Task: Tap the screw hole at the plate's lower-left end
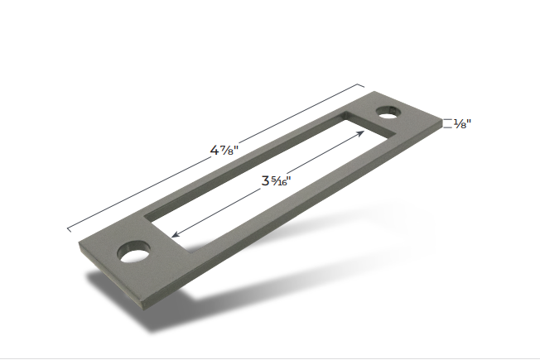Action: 131,251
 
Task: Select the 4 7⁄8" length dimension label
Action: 225,151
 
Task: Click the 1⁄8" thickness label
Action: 463,123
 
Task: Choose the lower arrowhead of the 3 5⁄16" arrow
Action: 176,234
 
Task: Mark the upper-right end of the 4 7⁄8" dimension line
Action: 364,84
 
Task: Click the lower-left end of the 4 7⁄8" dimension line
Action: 68,228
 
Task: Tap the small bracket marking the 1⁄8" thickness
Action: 447,123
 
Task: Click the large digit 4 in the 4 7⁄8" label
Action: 215,151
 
